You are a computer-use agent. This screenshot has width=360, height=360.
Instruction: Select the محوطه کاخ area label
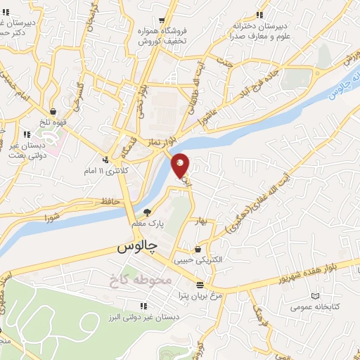(x=141, y=280)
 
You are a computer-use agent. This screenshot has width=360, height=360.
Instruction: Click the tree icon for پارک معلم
(x=147, y=212)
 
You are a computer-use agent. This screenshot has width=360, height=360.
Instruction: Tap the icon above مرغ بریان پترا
(x=201, y=285)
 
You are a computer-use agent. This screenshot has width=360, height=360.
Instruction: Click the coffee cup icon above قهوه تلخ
(x=53, y=111)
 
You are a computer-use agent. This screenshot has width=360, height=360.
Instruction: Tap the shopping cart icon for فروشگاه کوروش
(x=162, y=20)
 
